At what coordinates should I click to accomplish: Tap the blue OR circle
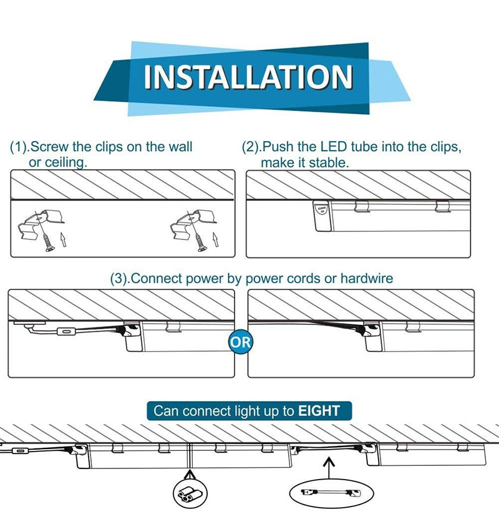241,341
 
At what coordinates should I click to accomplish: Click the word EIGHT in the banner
319,410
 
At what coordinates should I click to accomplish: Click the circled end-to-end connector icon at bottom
188,494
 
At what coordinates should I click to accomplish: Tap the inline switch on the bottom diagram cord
21,450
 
